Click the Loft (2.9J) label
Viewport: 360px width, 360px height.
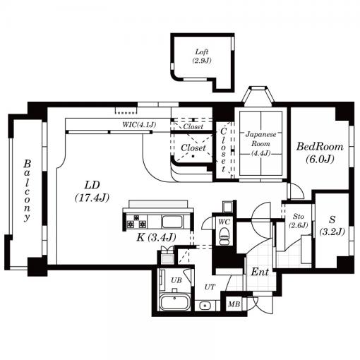202,56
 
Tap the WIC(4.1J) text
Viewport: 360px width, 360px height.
139,124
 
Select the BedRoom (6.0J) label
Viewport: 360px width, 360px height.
320,152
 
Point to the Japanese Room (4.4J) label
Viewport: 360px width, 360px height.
260,144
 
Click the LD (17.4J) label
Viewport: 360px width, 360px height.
92,191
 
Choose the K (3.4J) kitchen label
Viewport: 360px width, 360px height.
156,237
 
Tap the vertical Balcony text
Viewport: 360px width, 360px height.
28,191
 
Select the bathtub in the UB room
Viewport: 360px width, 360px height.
175,303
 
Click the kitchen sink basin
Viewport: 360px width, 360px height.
172,222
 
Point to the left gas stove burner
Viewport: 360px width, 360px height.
130,224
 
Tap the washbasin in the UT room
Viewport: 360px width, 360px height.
205,306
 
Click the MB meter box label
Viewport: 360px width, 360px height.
234,304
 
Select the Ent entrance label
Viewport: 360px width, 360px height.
260,272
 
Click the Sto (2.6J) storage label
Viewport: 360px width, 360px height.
299,221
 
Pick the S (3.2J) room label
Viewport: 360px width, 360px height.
332,226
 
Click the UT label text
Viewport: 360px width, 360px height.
210,287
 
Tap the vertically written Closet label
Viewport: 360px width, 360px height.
223,150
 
